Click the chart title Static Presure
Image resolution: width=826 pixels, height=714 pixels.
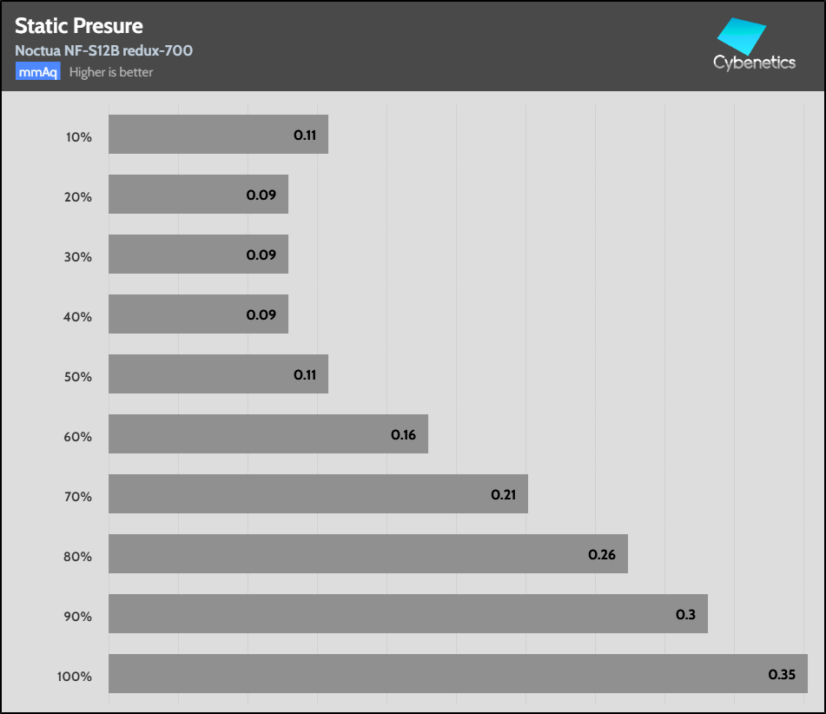[x=79, y=26]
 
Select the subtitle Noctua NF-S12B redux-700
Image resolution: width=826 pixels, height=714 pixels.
[x=103, y=50]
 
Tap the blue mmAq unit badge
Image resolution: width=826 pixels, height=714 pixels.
[x=37, y=72]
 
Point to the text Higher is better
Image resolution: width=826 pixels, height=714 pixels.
[x=111, y=72]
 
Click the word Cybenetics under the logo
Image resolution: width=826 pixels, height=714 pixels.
[x=754, y=63]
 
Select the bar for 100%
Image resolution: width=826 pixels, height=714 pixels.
[x=458, y=673]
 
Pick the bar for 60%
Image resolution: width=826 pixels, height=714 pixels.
[x=268, y=433]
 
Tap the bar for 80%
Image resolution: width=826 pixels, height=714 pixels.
[x=367, y=553]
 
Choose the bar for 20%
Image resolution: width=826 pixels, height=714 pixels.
[x=198, y=194]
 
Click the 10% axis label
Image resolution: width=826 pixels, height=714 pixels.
[x=78, y=137]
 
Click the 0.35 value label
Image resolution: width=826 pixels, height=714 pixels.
[x=782, y=674]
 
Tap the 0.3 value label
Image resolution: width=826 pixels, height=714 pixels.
[x=685, y=614]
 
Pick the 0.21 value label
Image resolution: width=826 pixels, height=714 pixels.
[x=504, y=494]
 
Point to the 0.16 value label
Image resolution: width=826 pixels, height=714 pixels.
[x=404, y=434]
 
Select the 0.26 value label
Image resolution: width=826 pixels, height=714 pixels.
[x=602, y=554]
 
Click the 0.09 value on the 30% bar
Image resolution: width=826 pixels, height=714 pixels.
[x=261, y=255]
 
